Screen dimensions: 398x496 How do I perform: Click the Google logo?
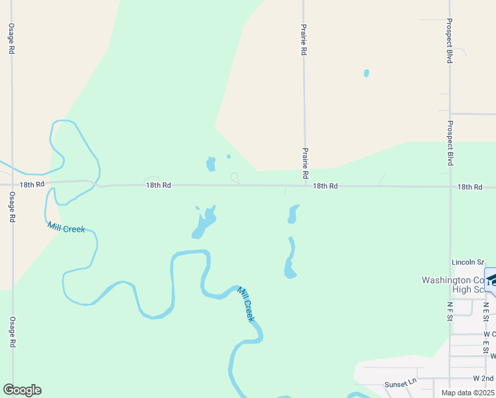coord(22,390)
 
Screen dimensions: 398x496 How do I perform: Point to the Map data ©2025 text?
coord(467,393)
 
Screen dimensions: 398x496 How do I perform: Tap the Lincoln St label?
coord(467,262)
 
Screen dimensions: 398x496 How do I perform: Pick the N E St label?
coord(486,312)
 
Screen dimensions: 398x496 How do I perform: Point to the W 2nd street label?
coord(483,378)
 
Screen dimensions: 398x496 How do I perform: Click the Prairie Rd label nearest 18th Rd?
coord(306,163)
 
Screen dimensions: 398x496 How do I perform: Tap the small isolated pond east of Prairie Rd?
coord(367,74)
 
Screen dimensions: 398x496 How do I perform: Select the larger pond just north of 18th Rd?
coord(211,163)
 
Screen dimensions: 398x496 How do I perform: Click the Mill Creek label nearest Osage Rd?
coord(66,228)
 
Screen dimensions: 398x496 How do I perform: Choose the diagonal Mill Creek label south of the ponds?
coord(246,304)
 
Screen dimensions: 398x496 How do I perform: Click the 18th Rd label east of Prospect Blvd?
coord(469,188)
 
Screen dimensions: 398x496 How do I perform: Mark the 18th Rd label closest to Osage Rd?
coord(32,184)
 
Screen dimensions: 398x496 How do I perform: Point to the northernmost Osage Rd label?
coord(11,40)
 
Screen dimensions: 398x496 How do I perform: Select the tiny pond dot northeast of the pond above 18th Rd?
coord(229,157)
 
